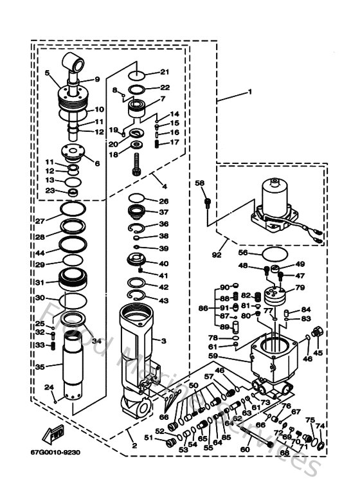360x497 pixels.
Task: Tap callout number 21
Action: (164, 72)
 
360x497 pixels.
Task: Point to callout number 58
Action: (199, 184)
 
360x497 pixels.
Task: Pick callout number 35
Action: (40, 367)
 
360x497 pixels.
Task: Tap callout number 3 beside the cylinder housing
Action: (164, 340)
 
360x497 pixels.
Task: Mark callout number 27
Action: (40, 221)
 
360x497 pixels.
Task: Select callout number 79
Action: (300, 287)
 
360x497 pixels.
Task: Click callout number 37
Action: (164, 213)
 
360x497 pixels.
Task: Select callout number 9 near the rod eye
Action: (97, 80)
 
